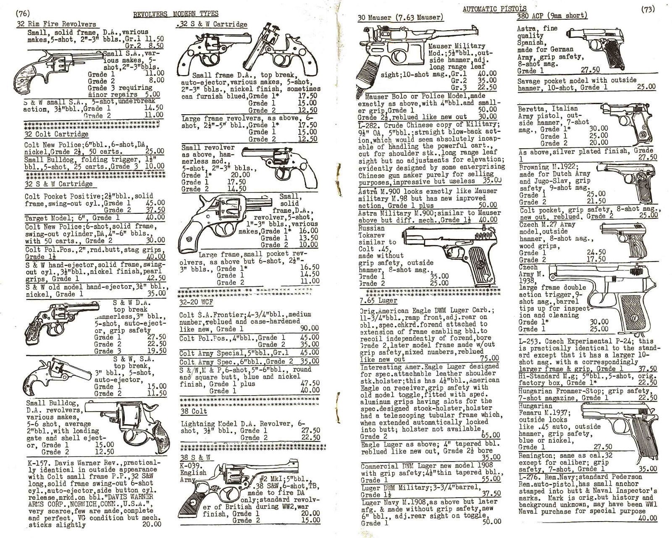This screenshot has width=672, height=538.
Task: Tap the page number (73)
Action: tap(648, 10)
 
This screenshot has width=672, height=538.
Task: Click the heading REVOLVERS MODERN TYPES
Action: tap(176, 15)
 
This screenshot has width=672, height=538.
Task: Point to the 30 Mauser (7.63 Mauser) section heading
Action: tap(400, 18)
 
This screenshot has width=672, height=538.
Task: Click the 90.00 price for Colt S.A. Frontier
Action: tap(310, 328)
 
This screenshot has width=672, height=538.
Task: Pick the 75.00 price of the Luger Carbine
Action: tap(490, 359)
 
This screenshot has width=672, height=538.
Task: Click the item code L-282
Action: tap(368, 124)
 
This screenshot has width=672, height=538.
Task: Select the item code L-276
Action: tap(528, 477)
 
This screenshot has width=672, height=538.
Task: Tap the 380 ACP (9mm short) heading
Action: tap(552, 16)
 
